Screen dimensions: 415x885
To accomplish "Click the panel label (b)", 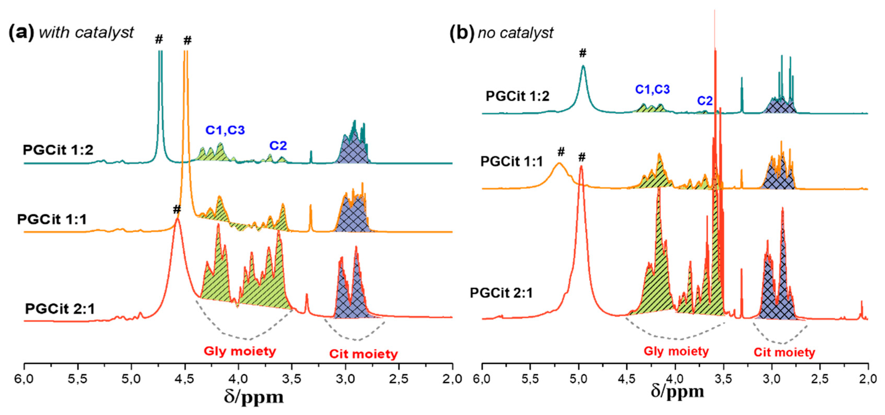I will coord(462,33).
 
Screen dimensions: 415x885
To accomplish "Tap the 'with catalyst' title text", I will coord(86,33).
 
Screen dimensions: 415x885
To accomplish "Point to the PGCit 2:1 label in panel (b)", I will coord(501,293).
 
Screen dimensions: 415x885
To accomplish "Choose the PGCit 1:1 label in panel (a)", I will coord(52,219).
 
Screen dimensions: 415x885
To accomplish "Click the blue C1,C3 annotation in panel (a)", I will coord(225,130).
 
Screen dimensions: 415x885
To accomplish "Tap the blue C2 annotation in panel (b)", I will coord(705,101).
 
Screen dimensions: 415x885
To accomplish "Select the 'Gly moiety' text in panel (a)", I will coord(240,351).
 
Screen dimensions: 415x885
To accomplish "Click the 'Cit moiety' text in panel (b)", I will coord(784,352).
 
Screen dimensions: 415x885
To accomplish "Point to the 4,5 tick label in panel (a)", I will coord(185,379).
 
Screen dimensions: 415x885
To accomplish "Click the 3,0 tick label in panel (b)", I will coord(772,379).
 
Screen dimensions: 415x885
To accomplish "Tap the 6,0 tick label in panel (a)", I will coord(24,379).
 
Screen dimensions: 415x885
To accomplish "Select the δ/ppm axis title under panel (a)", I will coord(254,397).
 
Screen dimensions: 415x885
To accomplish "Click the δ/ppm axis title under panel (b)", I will coord(677,392).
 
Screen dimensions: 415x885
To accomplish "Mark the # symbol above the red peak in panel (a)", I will coord(177,209).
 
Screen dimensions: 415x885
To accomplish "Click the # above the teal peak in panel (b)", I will coord(583,53).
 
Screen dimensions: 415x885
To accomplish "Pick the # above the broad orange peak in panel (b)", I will coord(561,151).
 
